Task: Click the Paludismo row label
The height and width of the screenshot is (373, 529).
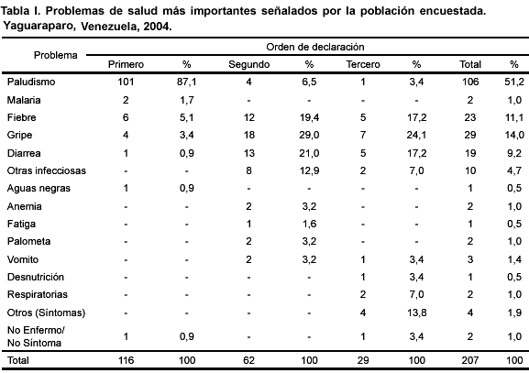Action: (31, 82)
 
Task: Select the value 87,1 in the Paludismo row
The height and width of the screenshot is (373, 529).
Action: (186, 82)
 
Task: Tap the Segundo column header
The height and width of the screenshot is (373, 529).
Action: (249, 64)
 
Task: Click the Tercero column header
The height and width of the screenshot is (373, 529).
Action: (363, 64)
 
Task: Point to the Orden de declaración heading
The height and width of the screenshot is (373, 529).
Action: (315, 47)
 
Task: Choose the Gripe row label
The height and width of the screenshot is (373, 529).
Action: (19, 136)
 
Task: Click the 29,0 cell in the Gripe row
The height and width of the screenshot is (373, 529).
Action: (309, 136)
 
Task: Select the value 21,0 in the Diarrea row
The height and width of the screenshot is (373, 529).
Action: (309, 153)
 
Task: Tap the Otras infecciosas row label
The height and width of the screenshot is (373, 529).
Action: (47, 170)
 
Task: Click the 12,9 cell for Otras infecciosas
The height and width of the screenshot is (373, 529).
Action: (309, 170)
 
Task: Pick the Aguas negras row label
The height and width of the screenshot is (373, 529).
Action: (39, 188)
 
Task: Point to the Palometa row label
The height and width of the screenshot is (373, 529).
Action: (29, 241)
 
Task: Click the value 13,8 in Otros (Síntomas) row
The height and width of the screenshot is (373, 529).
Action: (416, 313)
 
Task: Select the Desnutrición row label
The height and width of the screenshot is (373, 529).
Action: (36, 277)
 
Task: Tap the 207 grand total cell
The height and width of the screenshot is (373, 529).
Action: (470, 360)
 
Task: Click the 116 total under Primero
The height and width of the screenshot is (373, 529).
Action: (126, 360)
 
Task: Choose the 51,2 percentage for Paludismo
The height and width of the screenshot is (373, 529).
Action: (514, 82)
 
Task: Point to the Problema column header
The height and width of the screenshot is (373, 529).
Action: (56, 55)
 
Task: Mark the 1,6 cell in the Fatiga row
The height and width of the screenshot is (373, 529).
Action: (309, 224)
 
